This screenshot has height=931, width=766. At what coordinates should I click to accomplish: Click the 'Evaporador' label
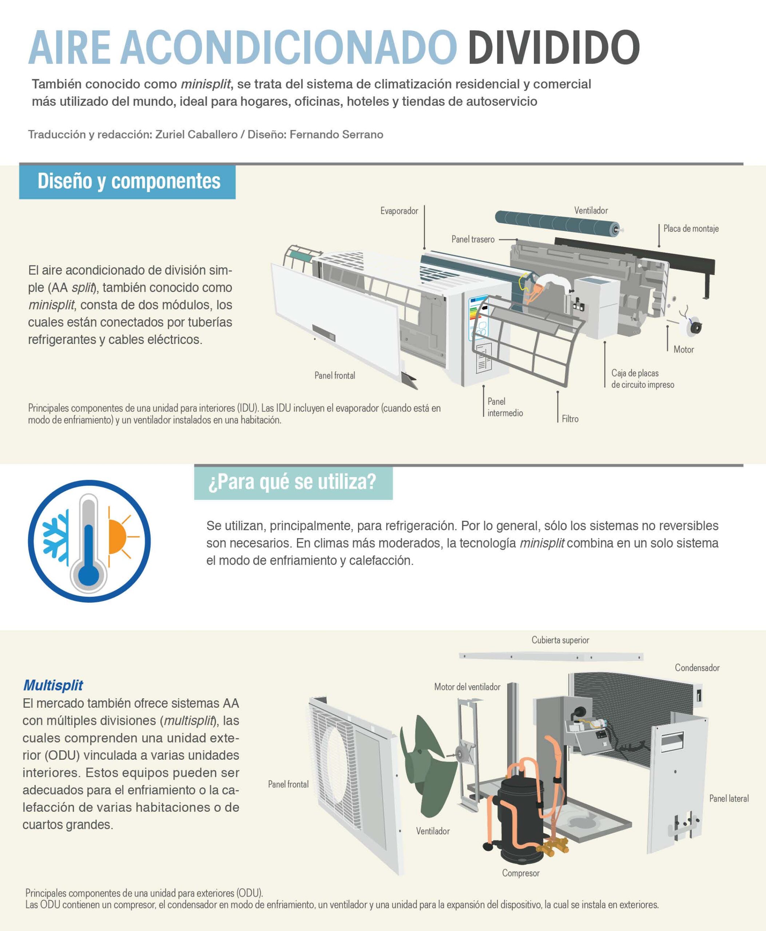click(399, 211)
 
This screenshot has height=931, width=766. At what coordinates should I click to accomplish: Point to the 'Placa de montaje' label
click(691, 228)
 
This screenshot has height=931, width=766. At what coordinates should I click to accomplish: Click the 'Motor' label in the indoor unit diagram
click(683, 349)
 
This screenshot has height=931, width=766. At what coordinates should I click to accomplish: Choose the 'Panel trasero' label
click(473, 239)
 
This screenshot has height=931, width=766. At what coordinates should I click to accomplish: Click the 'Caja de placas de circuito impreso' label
click(642, 378)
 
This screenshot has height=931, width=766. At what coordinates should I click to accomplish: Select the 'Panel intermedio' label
click(505, 407)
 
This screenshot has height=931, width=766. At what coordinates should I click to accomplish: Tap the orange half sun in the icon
click(116, 537)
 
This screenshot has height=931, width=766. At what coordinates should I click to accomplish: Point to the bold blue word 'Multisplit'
click(53, 685)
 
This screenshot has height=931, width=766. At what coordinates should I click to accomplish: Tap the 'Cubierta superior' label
click(560, 640)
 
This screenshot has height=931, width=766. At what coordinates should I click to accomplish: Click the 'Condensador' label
click(697, 668)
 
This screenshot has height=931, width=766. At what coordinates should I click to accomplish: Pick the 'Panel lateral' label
click(729, 798)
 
